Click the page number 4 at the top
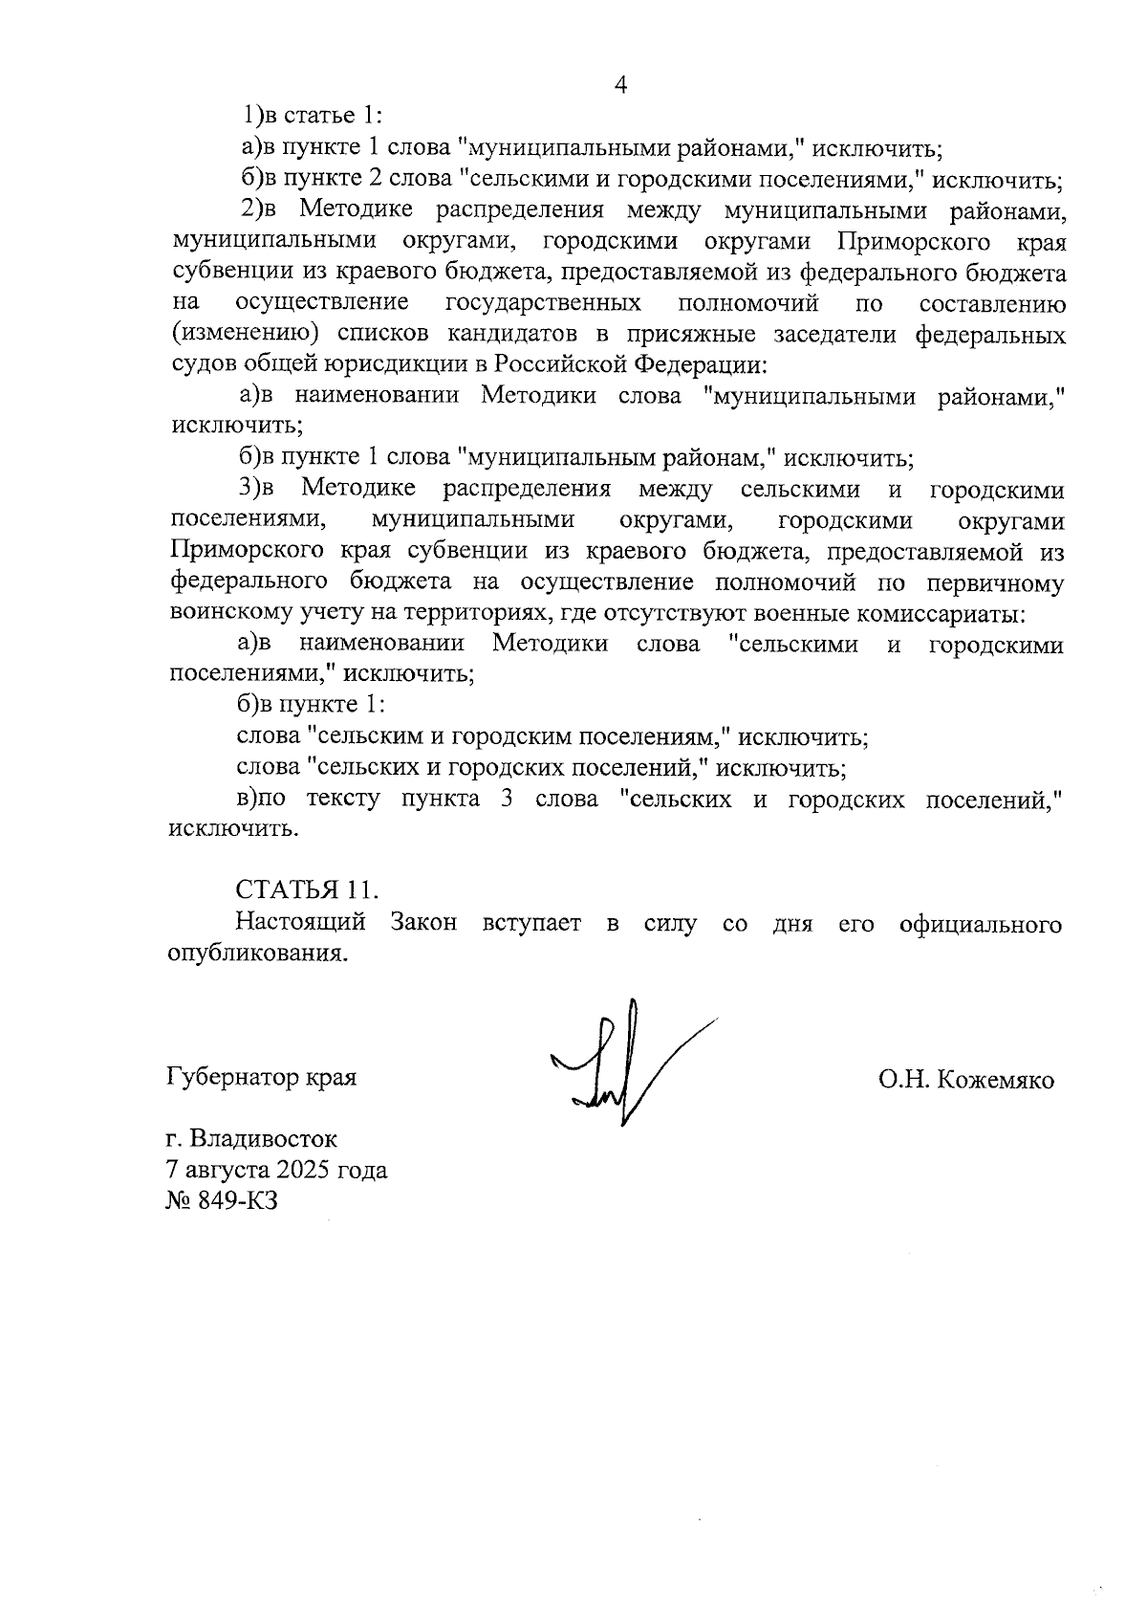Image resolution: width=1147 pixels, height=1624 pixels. tap(620, 85)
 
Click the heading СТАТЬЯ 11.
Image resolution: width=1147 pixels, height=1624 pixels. tap(307, 889)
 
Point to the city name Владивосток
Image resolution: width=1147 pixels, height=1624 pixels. tap(264, 1139)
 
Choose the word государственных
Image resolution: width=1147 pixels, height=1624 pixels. tap(543, 304)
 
